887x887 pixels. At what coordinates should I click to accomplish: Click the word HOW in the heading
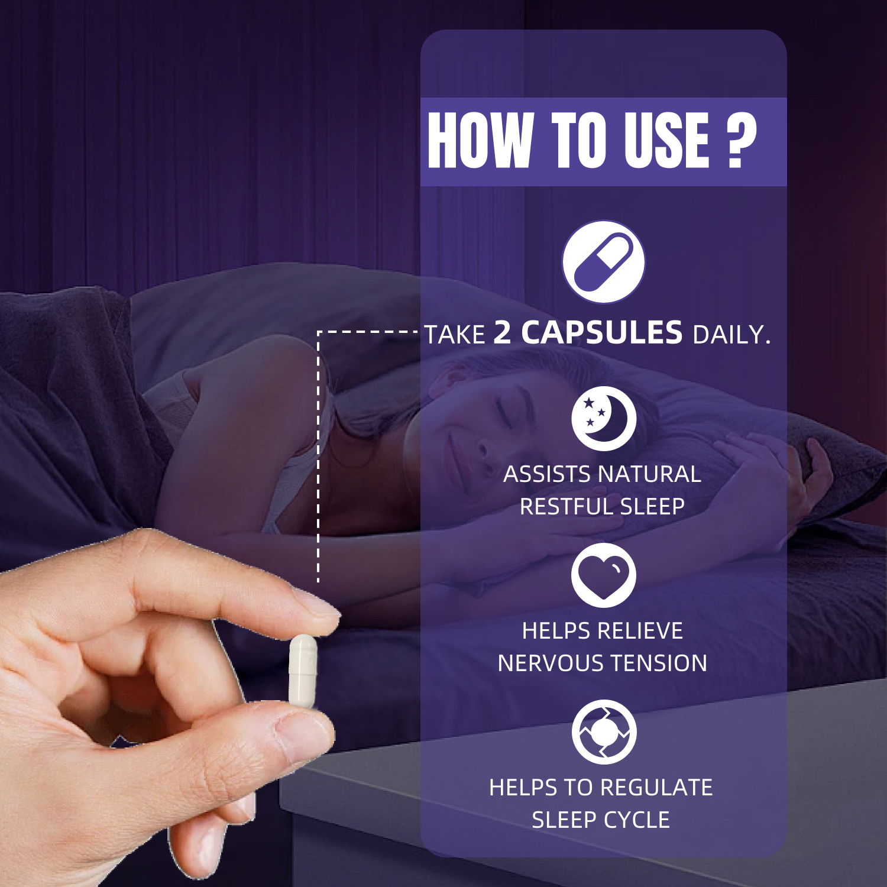[480, 140]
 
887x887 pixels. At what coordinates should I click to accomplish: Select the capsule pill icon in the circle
[603, 261]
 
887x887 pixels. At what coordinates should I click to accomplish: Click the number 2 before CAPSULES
[502, 332]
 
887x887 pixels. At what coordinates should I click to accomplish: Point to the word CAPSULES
[602, 332]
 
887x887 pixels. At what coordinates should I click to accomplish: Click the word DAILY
[731, 335]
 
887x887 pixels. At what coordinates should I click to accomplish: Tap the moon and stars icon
[603, 419]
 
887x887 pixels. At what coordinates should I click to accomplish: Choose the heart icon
[603, 575]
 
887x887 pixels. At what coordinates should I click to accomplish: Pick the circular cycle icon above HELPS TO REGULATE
[604, 732]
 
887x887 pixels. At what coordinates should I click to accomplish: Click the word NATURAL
[649, 474]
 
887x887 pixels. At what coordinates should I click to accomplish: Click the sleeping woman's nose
[483, 446]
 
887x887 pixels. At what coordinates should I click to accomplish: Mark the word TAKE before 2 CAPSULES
[455, 335]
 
